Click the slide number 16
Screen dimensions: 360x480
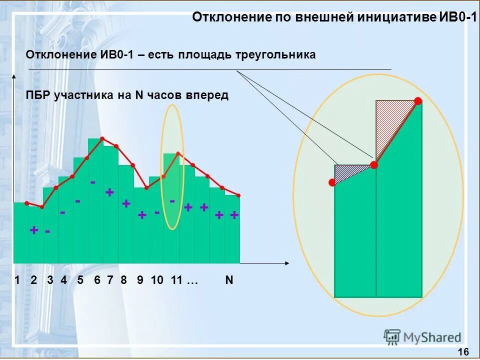point(463,351)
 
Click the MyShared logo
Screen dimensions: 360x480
point(422,337)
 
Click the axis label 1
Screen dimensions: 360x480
point(17,280)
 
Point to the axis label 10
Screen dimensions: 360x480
point(157,280)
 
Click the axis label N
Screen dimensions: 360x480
point(229,280)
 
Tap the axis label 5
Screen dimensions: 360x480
point(80,280)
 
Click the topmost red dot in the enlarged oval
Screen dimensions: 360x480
point(418,101)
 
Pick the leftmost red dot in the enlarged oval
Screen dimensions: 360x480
point(331,183)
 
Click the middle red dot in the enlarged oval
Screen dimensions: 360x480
point(373,164)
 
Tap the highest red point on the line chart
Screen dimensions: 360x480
point(102,138)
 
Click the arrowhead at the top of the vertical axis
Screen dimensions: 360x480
point(14,76)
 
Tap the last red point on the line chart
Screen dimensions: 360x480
point(238,195)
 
